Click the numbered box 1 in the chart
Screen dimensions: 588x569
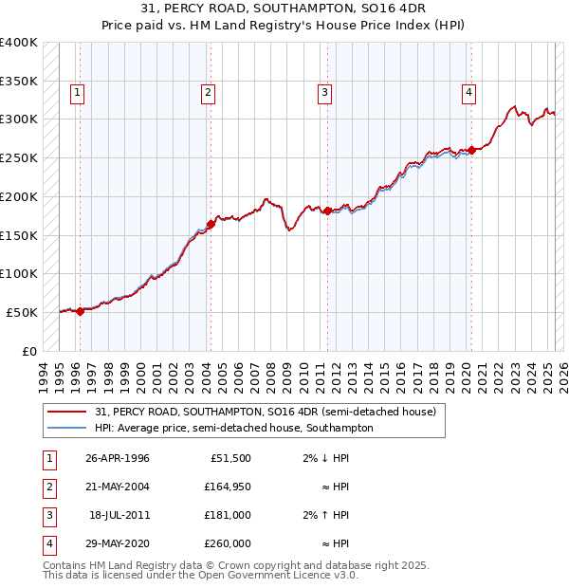[x=77, y=92]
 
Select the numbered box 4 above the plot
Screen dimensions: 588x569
[x=469, y=92]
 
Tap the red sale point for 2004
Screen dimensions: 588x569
[x=211, y=224]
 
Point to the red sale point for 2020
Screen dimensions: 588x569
[x=471, y=150]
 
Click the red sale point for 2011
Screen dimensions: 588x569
[x=327, y=211]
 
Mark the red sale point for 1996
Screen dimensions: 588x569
[x=80, y=310]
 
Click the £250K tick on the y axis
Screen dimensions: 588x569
[x=19, y=157]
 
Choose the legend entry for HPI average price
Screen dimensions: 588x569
[x=234, y=428]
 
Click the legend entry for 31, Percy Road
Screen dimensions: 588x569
[x=265, y=412]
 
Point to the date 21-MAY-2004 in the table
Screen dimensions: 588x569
[x=117, y=487]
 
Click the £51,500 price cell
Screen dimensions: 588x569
[x=230, y=458]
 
